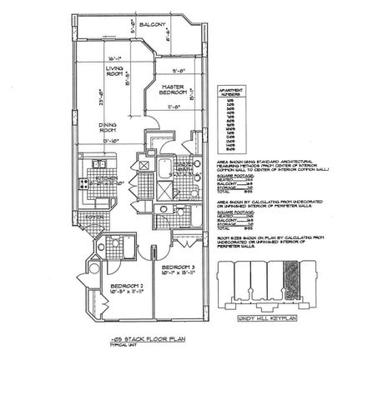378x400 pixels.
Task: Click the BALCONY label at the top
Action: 154,25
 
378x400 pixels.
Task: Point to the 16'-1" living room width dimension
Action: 116,57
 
